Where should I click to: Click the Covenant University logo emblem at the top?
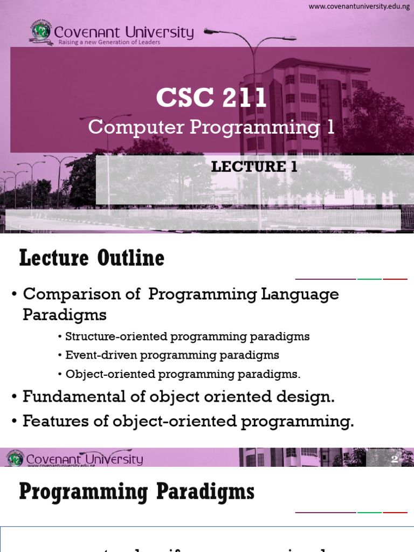(x=41, y=32)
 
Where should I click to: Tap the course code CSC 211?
(x=211, y=98)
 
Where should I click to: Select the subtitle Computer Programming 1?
(x=211, y=127)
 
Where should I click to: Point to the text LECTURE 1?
(x=254, y=167)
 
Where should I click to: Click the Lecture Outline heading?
(x=92, y=259)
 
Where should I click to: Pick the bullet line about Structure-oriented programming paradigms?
(x=187, y=337)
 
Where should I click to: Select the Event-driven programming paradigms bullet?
(x=172, y=355)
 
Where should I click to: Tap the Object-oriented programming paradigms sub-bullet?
(x=182, y=374)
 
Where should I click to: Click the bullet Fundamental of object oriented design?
(x=178, y=397)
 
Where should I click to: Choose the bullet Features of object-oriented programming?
(x=188, y=421)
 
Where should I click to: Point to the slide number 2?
(x=394, y=459)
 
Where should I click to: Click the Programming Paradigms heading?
(x=137, y=492)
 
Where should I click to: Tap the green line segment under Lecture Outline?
(x=369, y=279)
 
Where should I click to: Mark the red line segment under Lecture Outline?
(x=395, y=279)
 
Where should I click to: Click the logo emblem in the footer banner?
(x=15, y=459)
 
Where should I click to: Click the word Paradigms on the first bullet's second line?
(x=65, y=314)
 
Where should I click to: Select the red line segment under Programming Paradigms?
(x=395, y=512)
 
